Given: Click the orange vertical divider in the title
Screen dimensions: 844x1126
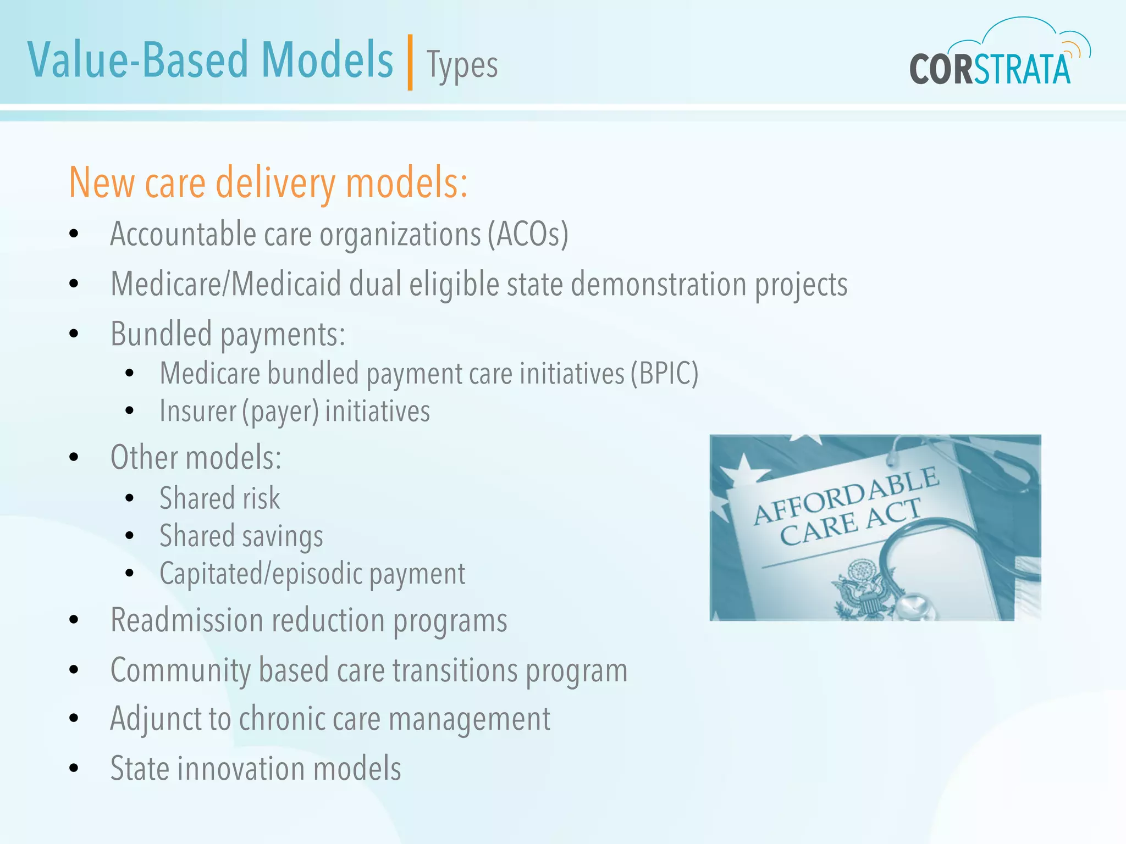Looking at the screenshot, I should (410, 62).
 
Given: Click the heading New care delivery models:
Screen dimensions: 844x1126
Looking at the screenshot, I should (268, 183).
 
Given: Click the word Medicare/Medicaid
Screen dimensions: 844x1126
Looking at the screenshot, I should (225, 285).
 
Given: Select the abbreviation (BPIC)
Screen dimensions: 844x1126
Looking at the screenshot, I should (664, 374).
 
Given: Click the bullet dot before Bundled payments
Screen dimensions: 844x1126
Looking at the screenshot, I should (74, 334).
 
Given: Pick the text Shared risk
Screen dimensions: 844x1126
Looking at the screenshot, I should (220, 498).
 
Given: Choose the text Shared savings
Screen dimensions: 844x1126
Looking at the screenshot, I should (241, 536).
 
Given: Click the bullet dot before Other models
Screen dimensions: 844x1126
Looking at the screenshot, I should (74, 457).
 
